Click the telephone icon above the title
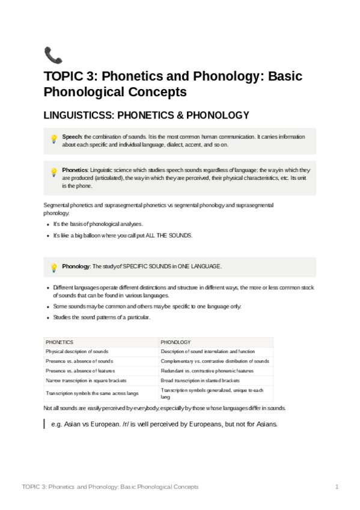point(53,55)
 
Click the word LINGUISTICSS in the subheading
point(80,115)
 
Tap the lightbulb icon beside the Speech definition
point(53,139)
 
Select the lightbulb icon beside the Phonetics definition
point(53,172)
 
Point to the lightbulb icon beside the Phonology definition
point(53,268)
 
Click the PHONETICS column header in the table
point(59,342)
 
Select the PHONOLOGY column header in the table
point(175,342)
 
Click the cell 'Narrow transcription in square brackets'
point(88,380)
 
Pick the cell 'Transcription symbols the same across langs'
point(92,393)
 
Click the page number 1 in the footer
point(337,487)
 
